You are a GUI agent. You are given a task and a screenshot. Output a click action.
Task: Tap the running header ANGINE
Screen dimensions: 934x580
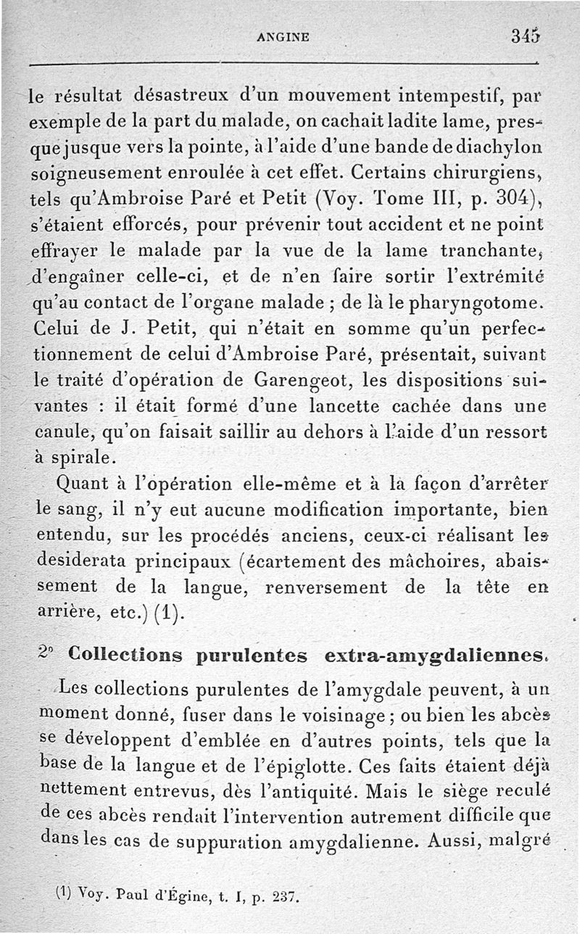coord(283,37)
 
